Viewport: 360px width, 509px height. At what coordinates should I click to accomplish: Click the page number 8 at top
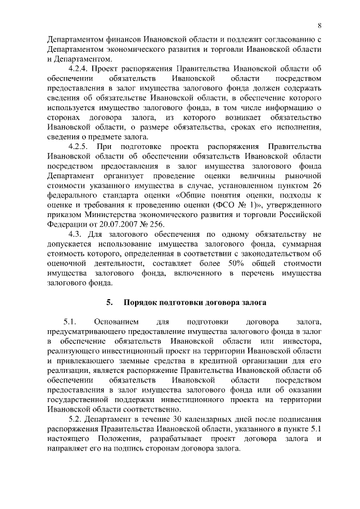tap(319, 25)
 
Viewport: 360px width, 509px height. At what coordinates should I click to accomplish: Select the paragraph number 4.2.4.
tap(80, 68)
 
